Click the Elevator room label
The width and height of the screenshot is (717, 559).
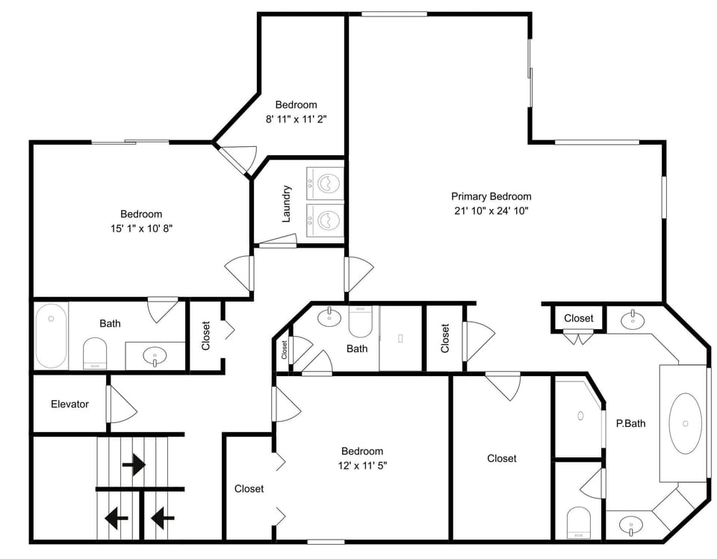69,404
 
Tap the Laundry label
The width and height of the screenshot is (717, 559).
287,204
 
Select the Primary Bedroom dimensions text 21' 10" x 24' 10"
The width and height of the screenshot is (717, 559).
491,210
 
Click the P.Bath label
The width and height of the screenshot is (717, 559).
630,424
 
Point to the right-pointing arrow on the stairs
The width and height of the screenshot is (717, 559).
134,465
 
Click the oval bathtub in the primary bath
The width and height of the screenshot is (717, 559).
685,423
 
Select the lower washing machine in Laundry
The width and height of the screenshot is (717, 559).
325,221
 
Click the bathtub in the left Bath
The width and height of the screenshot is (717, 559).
52,336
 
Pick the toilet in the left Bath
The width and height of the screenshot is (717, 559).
95,353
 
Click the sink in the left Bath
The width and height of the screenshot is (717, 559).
155,355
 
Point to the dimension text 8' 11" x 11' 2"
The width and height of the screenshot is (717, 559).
297,119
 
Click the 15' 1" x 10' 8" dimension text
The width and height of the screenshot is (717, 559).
141,228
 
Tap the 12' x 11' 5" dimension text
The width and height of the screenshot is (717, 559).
362,466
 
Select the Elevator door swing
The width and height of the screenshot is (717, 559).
122,405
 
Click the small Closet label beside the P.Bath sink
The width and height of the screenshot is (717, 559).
578,318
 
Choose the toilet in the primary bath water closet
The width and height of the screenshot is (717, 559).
578,522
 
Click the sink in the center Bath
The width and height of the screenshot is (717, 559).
329,316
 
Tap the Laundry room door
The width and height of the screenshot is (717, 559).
277,241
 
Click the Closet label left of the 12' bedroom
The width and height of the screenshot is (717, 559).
249,489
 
